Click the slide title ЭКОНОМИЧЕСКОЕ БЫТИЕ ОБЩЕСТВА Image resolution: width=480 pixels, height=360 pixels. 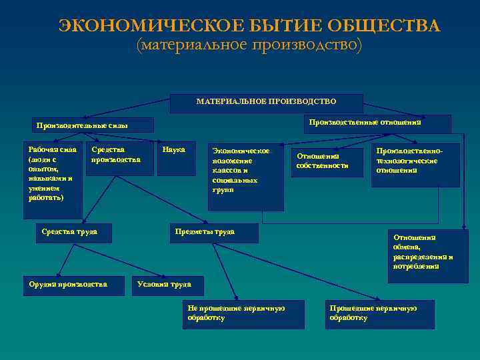[249, 26]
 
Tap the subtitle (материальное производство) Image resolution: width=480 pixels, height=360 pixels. [249, 46]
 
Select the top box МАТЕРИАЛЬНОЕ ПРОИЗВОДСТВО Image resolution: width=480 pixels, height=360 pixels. [267, 103]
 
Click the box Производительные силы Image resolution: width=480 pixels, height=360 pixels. [94, 125]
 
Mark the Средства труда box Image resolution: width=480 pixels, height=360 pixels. [73, 232]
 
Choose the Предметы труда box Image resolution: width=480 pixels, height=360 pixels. [213, 233]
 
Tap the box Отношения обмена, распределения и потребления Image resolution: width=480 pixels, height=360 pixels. [427, 255]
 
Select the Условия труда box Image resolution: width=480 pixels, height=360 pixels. [167, 285]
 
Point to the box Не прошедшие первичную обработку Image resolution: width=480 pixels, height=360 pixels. [243, 314]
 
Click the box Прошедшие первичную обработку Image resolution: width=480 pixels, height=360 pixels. [379, 314]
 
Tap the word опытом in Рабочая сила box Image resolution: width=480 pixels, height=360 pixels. [41, 169]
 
